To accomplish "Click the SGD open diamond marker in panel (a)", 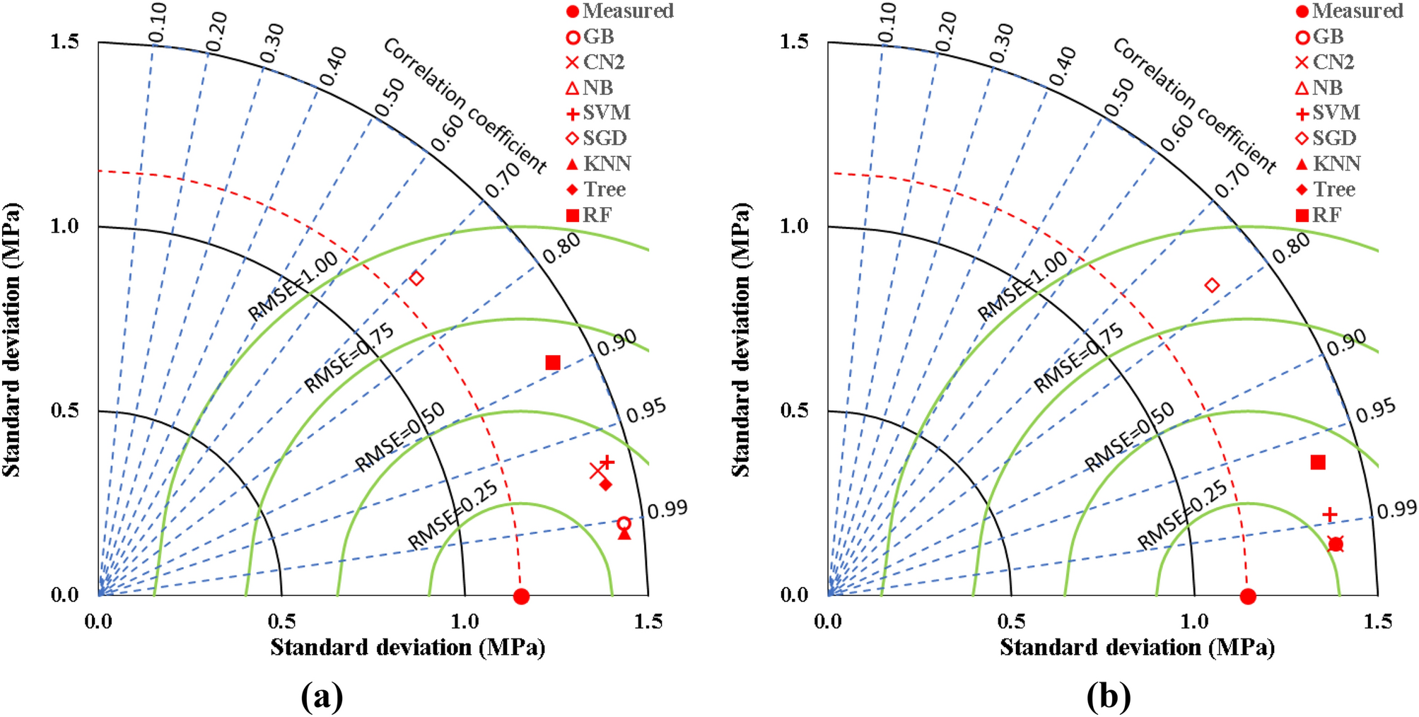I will (416, 278).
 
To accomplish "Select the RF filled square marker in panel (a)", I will (553, 363).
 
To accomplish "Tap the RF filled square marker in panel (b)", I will (1318, 462).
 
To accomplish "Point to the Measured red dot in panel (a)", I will (521, 597).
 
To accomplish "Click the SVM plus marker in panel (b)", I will (1329, 514).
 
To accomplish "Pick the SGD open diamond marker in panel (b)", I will (1212, 285).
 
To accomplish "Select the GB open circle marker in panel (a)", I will (624, 524).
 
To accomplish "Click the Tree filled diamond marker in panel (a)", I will (605, 484).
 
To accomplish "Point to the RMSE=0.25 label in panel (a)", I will (452, 515).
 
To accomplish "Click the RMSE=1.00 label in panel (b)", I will (1022, 286).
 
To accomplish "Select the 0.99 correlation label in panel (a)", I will (667, 508).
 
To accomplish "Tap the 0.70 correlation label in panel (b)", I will (1232, 181).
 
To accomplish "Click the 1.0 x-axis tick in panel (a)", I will (465, 622).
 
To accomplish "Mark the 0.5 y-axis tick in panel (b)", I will (794, 410).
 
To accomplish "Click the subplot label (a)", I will (322, 696).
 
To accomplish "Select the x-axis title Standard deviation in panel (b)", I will (1137, 647).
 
